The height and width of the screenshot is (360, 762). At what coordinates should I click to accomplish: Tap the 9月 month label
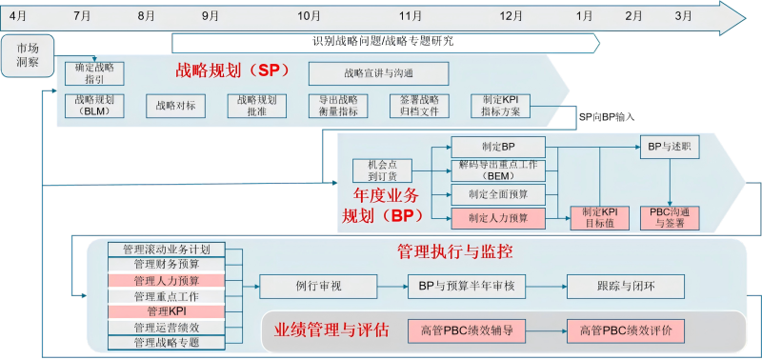click(211, 15)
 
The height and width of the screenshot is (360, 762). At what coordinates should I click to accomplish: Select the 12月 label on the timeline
click(511, 15)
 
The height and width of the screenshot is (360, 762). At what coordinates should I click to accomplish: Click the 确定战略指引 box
click(94, 73)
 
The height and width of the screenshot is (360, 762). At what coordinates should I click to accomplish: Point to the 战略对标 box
click(176, 106)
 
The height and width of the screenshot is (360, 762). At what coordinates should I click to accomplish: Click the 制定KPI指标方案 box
click(501, 106)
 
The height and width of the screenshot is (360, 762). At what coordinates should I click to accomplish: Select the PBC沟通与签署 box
click(674, 217)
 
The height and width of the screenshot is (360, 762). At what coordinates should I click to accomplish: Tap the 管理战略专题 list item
click(166, 342)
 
